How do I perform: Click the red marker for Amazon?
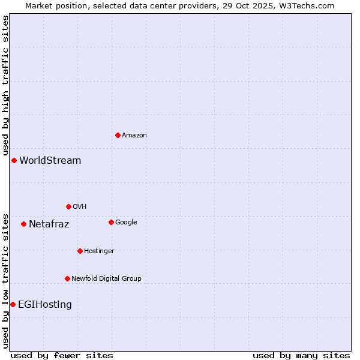click(x=118, y=135)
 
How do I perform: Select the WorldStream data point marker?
click(x=14, y=160)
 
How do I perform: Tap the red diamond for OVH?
click(x=68, y=206)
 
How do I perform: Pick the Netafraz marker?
click(x=23, y=224)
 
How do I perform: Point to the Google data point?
click(x=111, y=222)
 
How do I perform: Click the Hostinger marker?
click(x=80, y=251)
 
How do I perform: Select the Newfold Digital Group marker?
click(x=67, y=278)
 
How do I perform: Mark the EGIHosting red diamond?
click(x=13, y=304)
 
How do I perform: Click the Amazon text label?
click(x=134, y=136)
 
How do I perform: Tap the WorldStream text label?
click(x=50, y=161)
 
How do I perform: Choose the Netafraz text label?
click(x=49, y=224)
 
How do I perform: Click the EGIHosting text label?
click(x=45, y=305)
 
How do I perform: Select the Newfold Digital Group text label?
click(x=107, y=278)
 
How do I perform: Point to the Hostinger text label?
click(x=100, y=251)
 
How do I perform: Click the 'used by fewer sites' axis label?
click(x=62, y=355)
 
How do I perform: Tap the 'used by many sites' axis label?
click(x=301, y=355)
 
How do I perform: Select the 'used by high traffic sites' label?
click(x=6, y=86)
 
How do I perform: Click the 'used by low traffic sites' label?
click(x=6, y=281)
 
